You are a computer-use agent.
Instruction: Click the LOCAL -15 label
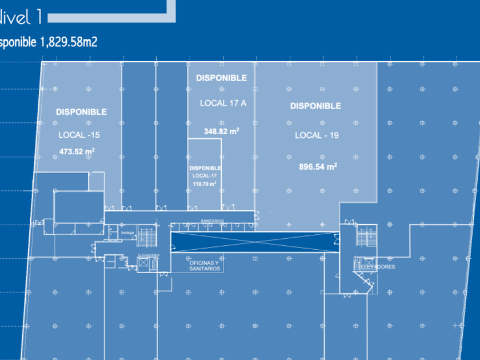[79, 135]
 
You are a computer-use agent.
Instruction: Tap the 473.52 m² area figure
[77, 152]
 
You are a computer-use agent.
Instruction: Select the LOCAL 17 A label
[223, 103]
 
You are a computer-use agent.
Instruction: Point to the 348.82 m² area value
[221, 131]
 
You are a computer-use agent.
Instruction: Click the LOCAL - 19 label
[317, 135]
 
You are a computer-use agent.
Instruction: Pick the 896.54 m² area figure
[318, 167]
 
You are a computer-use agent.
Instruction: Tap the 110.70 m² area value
[205, 184]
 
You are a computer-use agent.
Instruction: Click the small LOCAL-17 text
[205, 176]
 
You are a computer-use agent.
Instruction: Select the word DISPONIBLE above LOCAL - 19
[315, 106]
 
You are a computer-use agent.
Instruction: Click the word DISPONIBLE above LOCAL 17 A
[221, 78]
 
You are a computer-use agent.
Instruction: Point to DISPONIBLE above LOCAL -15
[81, 112]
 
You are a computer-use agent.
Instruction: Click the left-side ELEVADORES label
[149, 255]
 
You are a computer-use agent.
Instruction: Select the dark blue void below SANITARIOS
[254, 242]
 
